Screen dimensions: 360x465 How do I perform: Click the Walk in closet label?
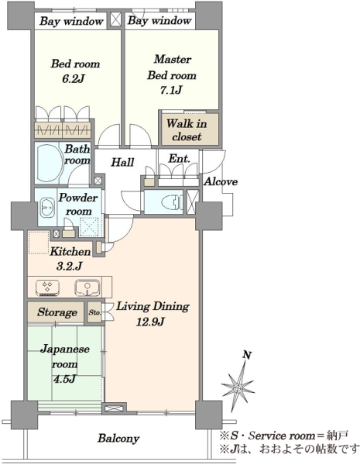(187, 130)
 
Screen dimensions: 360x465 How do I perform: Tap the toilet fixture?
(172, 202)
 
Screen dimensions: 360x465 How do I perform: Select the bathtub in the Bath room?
(50, 164)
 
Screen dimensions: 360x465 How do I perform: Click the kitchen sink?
(87, 288)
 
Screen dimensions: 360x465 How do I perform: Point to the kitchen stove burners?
(47, 288)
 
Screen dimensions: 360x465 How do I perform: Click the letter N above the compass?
(247, 355)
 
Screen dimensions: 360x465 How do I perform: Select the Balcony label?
(118, 438)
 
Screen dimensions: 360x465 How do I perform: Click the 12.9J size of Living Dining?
(150, 322)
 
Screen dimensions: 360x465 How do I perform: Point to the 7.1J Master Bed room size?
(171, 90)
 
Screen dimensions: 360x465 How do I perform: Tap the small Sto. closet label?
(94, 312)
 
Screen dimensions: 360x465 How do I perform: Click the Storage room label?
(57, 312)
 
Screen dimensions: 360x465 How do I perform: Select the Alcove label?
(221, 181)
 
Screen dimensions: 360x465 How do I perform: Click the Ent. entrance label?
(179, 159)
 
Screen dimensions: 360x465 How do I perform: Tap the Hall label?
(122, 162)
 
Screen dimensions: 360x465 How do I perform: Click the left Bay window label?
(71, 22)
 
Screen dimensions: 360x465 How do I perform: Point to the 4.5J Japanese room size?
(64, 380)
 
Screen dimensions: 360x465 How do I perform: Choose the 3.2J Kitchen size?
(69, 267)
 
